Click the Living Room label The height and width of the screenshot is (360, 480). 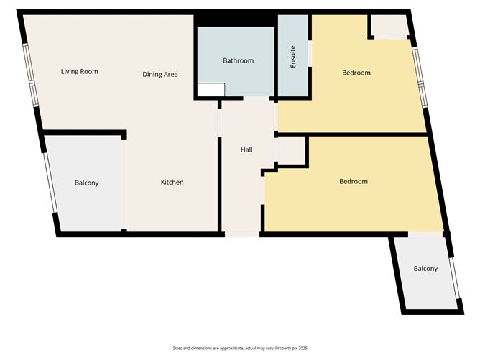(x=79, y=72)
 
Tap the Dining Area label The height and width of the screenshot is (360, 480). (x=160, y=75)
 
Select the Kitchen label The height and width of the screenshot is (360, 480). (x=172, y=183)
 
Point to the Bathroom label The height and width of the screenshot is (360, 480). (x=238, y=61)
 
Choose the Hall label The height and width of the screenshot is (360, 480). (x=246, y=150)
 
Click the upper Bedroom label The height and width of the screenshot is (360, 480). (x=356, y=73)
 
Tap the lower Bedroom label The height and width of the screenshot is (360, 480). (x=353, y=182)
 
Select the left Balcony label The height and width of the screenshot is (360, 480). (x=86, y=183)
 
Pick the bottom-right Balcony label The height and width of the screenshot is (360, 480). (x=425, y=269)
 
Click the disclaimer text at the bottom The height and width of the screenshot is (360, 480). (x=240, y=347)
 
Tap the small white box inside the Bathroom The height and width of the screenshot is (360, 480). (x=210, y=91)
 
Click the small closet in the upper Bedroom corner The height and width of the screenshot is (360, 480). (x=389, y=26)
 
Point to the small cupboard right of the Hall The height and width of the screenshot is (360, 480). (x=291, y=151)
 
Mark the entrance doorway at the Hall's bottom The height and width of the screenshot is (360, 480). (x=241, y=234)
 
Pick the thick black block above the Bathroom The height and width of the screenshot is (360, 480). (x=236, y=20)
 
